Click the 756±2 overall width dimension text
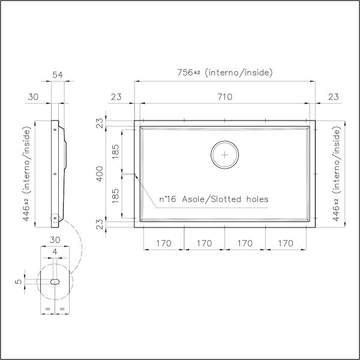(226, 73)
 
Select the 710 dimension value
(224, 96)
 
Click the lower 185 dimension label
(116, 196)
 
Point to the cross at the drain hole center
(225, 155)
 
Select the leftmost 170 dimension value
(164, 244)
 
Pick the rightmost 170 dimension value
(286, 244)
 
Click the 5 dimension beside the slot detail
(19, 281)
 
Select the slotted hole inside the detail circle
(54, 281)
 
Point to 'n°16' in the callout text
(169, 199)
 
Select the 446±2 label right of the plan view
(335, 174)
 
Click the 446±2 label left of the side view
(27, 174)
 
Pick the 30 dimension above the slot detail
(55, 240)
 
